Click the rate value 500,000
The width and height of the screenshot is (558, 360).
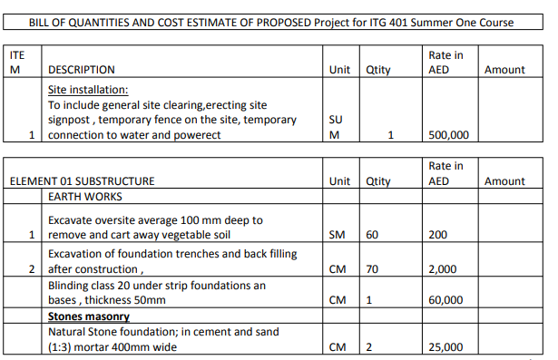[447, 136]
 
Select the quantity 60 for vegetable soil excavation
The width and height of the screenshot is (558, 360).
[372, 234]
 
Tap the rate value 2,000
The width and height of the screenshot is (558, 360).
[444, 269]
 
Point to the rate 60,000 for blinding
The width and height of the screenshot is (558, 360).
[446, 300]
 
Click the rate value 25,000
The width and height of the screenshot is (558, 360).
[446, 347]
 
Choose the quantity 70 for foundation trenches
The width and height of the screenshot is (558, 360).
[372, 269]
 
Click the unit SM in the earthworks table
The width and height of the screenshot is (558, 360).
[337, 234]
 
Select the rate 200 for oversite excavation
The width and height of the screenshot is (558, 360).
[438, 234]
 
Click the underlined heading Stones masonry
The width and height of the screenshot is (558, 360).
[88, 316]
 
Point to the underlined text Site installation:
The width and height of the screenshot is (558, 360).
[88, 90]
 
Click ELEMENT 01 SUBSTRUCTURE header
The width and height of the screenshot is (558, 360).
[83, 181]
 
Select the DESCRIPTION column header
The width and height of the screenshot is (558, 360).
[81, 70]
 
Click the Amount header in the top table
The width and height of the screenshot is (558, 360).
[504, 70]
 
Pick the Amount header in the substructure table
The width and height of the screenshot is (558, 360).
[504, 181]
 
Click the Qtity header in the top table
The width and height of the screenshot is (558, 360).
[377, 70]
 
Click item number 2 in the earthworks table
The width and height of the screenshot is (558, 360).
[31, 269]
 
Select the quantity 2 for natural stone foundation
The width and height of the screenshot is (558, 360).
[369, 347]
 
